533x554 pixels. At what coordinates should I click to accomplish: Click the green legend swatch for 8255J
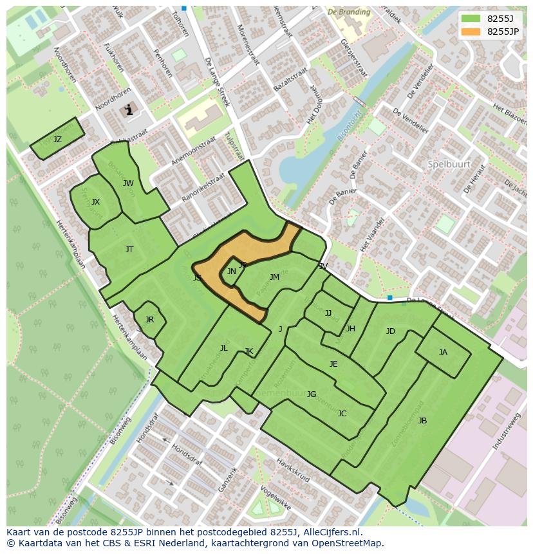pyautogui.click(x=471, y=18)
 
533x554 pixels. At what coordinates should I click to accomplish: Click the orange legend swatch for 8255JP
pyautogui.click(x=471, y=31)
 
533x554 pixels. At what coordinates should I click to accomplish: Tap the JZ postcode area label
pyautogui.click(x=57, y=140)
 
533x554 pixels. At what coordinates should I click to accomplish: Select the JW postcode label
pyautogui.click(x=128, y=183)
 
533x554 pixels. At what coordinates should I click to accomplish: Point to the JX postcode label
pyautogui.click(x=95, y=202)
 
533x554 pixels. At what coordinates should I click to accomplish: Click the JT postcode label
pyautogui.click(x=129, y=250)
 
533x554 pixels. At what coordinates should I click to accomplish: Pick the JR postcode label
pyautogui.click(x=149, y=320)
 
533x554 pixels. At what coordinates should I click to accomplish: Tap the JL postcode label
pyautogui.click(x=223, y=348)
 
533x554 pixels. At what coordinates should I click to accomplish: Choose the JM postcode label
pyautogui.click(x=274, y=277)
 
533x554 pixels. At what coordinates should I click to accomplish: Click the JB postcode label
pyautogui.click(x=422, y=421)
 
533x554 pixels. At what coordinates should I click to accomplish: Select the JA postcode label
pyautogui.click(x=443, y=353)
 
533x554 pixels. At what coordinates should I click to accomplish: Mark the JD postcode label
pyautogui.click(x=390, y=331)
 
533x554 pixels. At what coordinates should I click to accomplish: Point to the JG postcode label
pyautogui.click(x=312, y=394)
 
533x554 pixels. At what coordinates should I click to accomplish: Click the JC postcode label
pyautogui.click(x=342, y=414)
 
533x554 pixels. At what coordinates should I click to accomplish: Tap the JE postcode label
pyautogui.click(x=333, y=364)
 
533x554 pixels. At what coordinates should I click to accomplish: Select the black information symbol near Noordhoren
pyautogui.click(x=129, y=110)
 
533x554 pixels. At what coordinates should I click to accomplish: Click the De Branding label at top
pyautogui.click(x=349, y=12)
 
